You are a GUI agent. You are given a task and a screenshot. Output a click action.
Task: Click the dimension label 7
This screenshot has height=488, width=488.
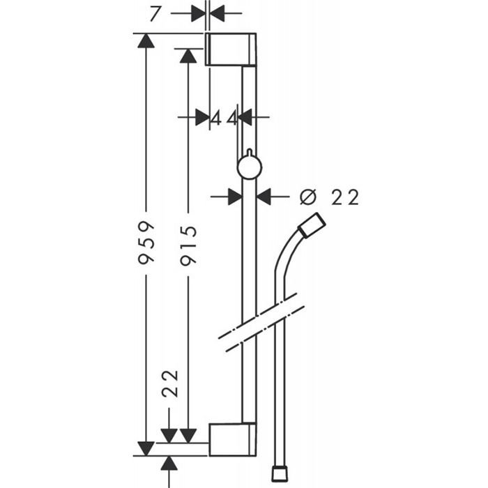tap(155, 14)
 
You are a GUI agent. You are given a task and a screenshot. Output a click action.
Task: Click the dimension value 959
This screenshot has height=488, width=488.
tap(146, 243)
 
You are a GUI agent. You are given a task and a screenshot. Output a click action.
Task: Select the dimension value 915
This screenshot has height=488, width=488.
tap(189, 245)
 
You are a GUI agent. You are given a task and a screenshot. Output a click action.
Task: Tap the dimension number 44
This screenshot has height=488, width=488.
tap(224, 118)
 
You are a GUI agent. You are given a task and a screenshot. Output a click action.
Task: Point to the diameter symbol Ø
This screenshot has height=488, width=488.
tap(308, 197)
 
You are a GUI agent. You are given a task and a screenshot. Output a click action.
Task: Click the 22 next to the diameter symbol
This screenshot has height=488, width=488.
tap(345, 197)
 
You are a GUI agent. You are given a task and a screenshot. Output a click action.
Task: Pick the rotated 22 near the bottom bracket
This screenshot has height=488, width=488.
tap(170, 383)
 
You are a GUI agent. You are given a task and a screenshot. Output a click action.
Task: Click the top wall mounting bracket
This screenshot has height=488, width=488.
tap(231, 49)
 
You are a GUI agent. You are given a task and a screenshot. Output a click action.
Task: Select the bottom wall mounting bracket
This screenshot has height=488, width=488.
tap(232, 439)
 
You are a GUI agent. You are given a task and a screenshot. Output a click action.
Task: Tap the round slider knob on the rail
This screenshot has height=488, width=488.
tap(250, 167)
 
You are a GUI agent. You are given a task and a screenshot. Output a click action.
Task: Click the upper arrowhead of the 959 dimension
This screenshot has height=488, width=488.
tap(146, 40)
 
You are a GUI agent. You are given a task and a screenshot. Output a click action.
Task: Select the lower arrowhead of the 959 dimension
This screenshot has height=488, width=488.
tap(146, 448)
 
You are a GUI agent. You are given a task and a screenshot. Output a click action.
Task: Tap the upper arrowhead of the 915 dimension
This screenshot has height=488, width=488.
tap(188, 56)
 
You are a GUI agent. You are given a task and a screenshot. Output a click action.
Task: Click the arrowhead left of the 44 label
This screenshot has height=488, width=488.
tap(202, 117)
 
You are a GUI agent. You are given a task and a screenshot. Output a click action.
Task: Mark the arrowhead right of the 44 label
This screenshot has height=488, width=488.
tap(245, 117)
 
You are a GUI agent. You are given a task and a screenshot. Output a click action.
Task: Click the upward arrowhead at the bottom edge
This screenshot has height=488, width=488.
tap(169, 463)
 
